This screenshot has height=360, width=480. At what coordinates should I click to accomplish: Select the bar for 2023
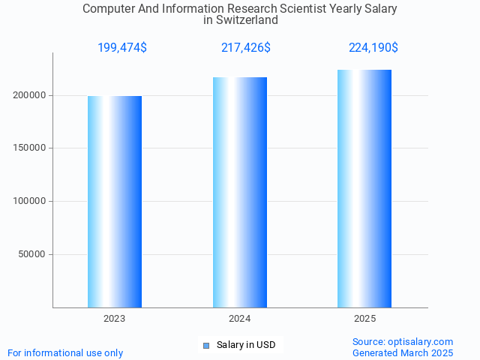(x=115, y=202)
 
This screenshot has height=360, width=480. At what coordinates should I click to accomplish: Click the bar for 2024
(x=240, y=192)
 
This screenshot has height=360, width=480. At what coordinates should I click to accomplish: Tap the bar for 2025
(x=364, y=188)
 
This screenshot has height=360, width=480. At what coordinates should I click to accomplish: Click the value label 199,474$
(x=122, y=48)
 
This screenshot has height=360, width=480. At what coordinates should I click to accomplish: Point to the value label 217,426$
(x=246, y=48)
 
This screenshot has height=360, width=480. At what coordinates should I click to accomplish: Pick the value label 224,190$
(x=373, y=48)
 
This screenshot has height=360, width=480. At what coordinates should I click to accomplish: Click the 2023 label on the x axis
(x=115, y=319)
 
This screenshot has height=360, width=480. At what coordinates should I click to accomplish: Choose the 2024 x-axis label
(x=240, y=319)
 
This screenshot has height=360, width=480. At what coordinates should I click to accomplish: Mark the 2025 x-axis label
(x=364, y=319)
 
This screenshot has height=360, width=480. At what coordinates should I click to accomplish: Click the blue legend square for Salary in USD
(x=206, y=345)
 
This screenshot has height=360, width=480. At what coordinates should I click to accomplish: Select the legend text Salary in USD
(x=246, y=345)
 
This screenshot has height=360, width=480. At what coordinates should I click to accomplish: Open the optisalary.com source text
(x=403, y=341)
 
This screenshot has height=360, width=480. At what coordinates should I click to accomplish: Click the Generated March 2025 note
(x=403, y=352)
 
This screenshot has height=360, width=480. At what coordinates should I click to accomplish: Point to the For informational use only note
(x=65, y=352)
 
